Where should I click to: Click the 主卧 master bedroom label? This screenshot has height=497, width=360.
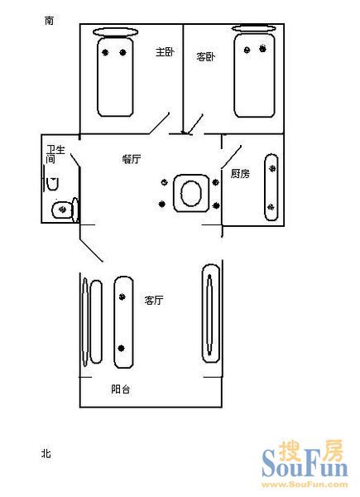165,52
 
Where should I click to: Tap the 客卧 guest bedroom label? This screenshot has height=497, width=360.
205,56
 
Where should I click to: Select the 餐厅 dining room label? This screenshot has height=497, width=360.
132,159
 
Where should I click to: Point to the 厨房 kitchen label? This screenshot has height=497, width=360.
240,173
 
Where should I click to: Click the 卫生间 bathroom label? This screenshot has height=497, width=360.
55,154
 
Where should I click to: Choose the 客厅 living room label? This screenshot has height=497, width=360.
154,300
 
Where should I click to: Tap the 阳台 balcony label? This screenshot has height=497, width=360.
120,389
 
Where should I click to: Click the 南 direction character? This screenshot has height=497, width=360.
49,21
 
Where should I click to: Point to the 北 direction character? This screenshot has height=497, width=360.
46,453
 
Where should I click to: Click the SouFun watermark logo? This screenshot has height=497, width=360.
305,464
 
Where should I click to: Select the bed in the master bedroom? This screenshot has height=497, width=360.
115,76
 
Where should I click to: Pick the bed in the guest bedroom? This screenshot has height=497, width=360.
254,75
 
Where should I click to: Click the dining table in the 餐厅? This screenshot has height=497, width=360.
191,193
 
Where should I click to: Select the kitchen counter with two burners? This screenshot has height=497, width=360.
271,187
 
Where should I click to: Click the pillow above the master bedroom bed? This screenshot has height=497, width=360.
116,32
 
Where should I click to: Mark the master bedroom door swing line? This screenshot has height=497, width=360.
159,123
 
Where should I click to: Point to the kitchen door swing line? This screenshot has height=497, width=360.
232,157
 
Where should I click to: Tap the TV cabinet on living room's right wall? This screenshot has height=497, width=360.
211,313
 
